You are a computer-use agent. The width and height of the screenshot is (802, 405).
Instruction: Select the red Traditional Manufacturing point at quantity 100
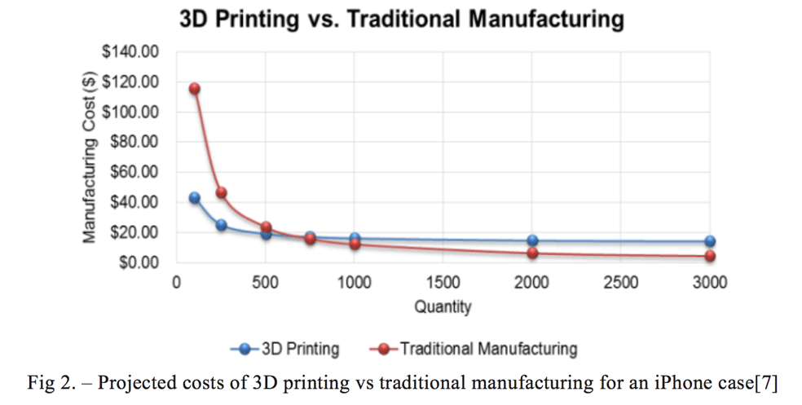pyautogui.click(x=194, y=89)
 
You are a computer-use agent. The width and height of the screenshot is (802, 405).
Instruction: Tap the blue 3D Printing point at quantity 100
pyautogui.click(x=194, y=198)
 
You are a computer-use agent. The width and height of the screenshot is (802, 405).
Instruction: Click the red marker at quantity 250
pyautogui.click(x=221, y=193)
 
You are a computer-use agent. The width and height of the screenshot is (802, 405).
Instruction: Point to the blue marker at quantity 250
pyautogui.click(x=221, y=225)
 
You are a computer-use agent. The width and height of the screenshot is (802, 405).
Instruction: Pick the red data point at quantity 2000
pyautogui.click(x=532, y=253)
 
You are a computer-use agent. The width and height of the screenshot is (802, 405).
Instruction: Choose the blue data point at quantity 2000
pyautogui.click(x=532, y=240)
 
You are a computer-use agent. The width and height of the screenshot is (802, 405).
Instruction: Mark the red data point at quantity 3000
pyautogui.click(x=710, y=256)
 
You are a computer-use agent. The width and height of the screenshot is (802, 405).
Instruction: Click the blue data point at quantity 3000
pyautogui.click(x=710, y=241)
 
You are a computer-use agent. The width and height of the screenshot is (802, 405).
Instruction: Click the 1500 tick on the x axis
pyautogui.click(x=443, y=283)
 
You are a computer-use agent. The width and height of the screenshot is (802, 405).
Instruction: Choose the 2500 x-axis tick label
pyautogui.click(x=621, y=283)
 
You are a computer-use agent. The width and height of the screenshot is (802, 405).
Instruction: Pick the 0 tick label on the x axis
pyautogui.click(x=176, y=283)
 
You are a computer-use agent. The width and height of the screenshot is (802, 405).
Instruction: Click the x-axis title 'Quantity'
pyautogui.click(x=443, y=307)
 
